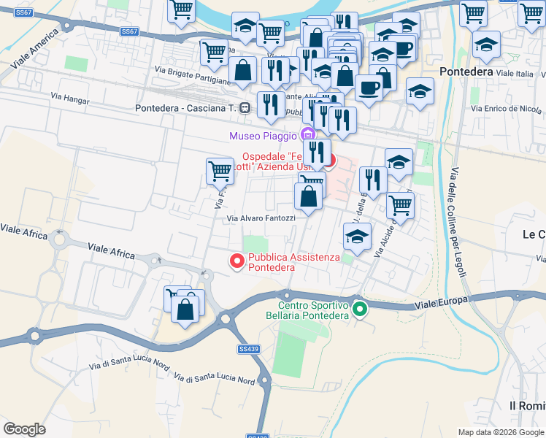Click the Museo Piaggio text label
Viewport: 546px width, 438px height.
(263, 135)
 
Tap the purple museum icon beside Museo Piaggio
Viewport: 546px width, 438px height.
(307, 134)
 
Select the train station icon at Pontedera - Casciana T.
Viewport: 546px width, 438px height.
(245, 108)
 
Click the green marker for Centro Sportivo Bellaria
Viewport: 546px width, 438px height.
(359, 310)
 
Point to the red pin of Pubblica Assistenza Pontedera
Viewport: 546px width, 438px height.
(237, 261)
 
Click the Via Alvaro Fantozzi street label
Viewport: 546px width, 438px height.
(261, 218)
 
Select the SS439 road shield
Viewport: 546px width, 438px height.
(249, 350)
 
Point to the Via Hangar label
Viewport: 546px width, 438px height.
(69, 96)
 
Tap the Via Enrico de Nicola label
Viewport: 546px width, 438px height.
(506, 109)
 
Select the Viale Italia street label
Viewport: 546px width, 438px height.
(515, 74)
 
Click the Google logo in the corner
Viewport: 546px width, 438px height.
(25, 429)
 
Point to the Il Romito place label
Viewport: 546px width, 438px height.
(526, 405)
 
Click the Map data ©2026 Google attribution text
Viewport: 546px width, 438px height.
(500, 432)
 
